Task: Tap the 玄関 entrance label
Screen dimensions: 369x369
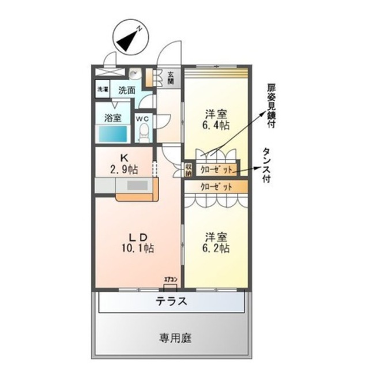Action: (x=171, y=77)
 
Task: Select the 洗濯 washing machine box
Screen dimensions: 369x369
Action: (x=102, y=89)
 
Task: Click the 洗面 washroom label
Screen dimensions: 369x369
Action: (x=127, y=90)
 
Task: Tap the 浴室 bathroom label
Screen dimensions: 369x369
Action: (x=112, y=118)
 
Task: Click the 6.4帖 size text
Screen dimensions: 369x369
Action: (x=217, y=125)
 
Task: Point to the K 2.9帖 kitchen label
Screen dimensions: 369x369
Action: (x=124, y=164)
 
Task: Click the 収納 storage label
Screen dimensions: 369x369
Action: (x=189, y=170)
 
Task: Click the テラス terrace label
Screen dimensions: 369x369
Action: (x=171, y=302)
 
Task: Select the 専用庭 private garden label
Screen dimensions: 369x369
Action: (x=172, y=338)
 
